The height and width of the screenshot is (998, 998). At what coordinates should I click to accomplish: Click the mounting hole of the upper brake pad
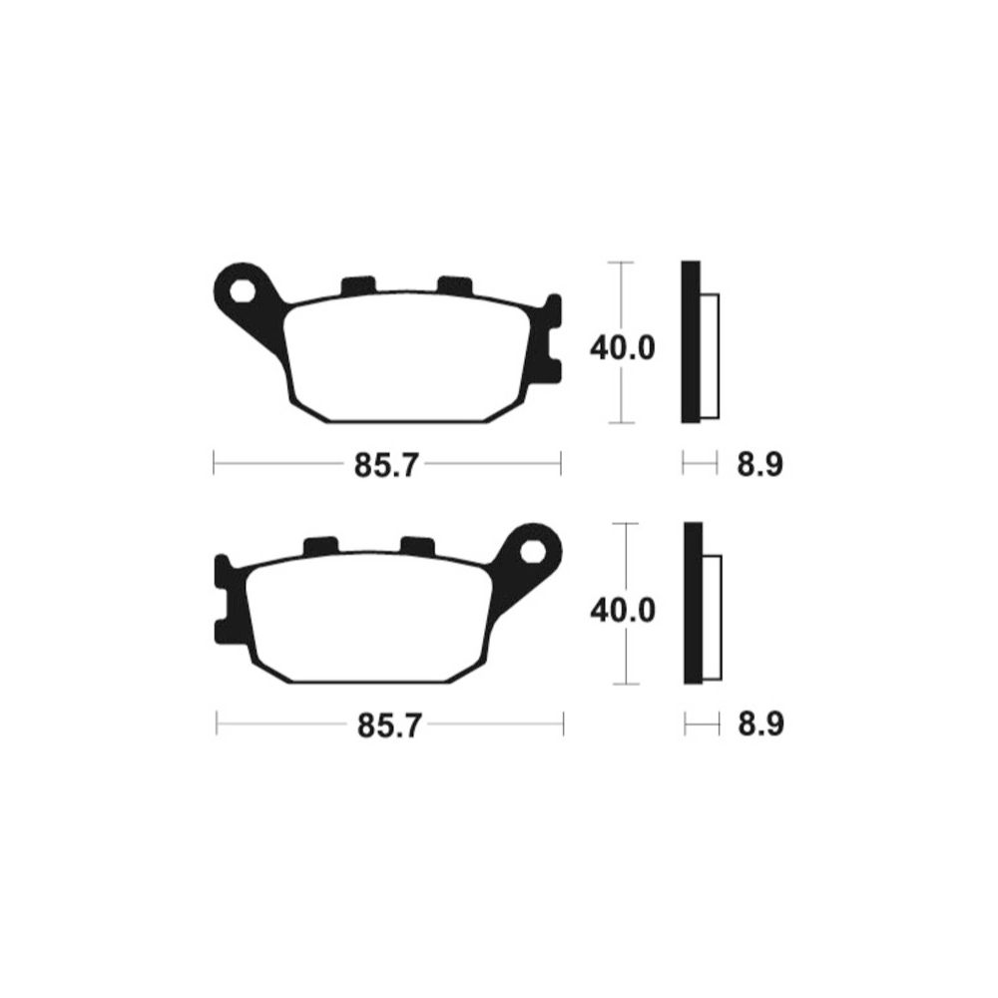tap(243, 291)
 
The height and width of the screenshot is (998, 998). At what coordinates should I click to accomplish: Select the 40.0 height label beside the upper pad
tap(623, 348)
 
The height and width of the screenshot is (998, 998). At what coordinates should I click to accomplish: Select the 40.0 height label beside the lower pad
tap(623, 609)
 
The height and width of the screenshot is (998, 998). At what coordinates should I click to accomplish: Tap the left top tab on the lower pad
tap(319, 546)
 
